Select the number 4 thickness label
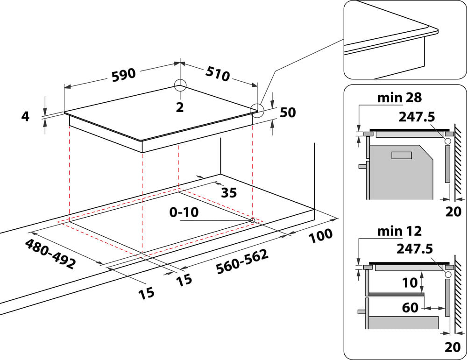pyautogui.click(x=25, y=116)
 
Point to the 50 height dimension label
pyautogui.click(x=289, y=113)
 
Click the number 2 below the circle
pyautogui.click(x=180, y=107)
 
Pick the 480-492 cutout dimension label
pyautogui.click(x=50, y=254)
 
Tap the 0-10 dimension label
pyautogui.click(x=184, y=212)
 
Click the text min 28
pyautogui.click(x=400, y=98)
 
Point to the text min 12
pyautogui.click(x=400, y=231)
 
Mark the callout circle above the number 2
pyautogui.click(x=180, y=85)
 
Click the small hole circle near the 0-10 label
pyautogui.click(x=253, y=219)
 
